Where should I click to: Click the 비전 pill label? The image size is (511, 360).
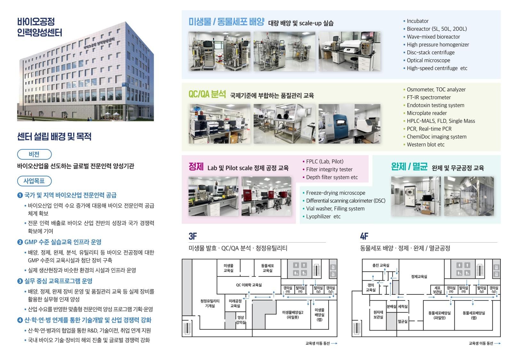pyautogui.click(x=35, y=155)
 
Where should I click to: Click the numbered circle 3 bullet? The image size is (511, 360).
pyautogui.click(x=20, y=281)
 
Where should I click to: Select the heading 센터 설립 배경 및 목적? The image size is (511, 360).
pyautogui.click(x=54, y=137)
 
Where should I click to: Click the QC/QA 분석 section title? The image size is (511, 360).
pyautogui.click(x=207, y=94)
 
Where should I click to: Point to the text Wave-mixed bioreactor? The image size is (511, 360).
pyautogui.click(x=433, y=37)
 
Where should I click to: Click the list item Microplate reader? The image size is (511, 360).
pyautogui.click(x=427, y=113)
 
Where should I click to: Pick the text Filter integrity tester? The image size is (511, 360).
pyautogui.click(x=329, y=170)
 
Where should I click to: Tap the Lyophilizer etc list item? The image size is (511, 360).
pyautogui.click(x=323, y=217)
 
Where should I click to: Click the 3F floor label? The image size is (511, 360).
pyautogui.click(x=193, y=236)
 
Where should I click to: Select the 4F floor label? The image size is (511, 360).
pyautogui.click(x=364, y=236)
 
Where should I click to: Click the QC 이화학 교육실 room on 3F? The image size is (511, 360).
pyautogui.click(x=249, y=285)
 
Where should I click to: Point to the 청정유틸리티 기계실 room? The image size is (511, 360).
pyautogui.click(x=210, y=303)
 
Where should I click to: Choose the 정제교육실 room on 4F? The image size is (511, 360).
pyautogui.click(x=419, y=277)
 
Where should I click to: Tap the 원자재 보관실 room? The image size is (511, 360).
pyautogui.click(x=378, y=315)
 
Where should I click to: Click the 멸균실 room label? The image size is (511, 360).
pyautogui.click(x=403, y=322)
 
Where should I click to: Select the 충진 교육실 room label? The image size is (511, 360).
pyautogui.click(x=381, y=265)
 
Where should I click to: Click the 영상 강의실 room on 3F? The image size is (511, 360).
pyautogui.click(x=241, y=320)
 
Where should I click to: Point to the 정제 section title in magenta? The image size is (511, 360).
pyautogui.click(x=196, y=166)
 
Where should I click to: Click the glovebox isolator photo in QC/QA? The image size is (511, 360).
pyautogui.click(x=284, y=124)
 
